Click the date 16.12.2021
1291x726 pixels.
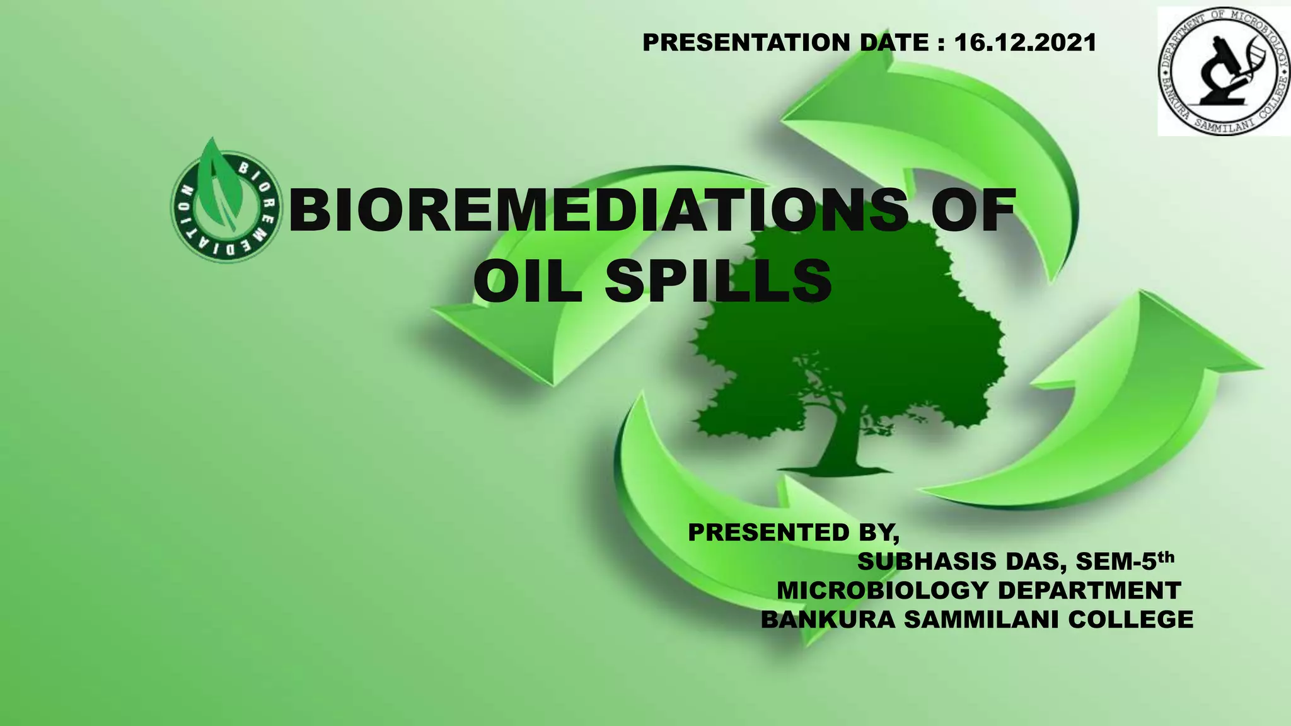point(1026,42)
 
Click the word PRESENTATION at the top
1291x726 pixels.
point(746,42)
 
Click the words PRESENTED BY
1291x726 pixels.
point(793,533)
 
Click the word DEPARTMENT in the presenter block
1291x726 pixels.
point(1089,591)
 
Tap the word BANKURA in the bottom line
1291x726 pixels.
point(828,619)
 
